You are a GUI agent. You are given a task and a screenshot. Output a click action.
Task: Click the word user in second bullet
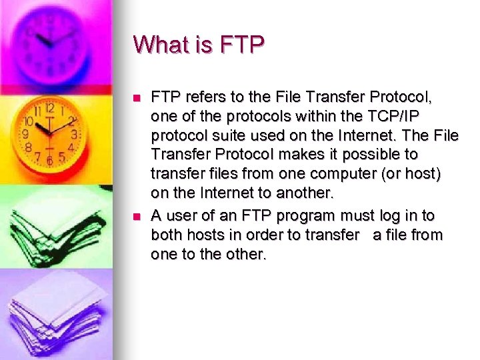coord(183,215)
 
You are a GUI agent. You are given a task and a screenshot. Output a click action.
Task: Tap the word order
coord(254,235)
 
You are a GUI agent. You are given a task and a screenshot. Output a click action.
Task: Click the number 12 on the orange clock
coord(50,108)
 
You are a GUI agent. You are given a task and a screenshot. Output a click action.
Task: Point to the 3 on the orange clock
coord(75,134)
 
